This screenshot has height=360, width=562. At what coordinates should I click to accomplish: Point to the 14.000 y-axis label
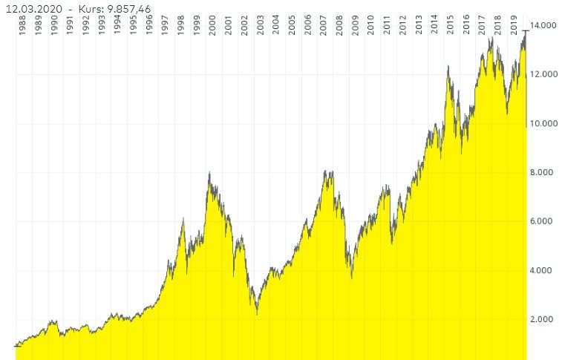pos(544,26)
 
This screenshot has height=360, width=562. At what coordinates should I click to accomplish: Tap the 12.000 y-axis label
pos(544,74)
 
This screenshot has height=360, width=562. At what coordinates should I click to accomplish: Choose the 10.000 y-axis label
pos(544,123)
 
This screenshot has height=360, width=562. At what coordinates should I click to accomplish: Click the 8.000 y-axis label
pos(546,172)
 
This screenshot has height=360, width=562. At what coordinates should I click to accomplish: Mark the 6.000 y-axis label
pos(546,221)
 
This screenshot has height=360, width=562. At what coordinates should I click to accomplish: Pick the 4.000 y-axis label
pos(546,270)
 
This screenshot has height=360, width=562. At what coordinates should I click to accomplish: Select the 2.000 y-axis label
pos(546,319)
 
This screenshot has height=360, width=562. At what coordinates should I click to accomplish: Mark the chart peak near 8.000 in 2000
pos(209,173)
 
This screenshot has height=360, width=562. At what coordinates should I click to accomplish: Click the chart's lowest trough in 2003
pos(257,314)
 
